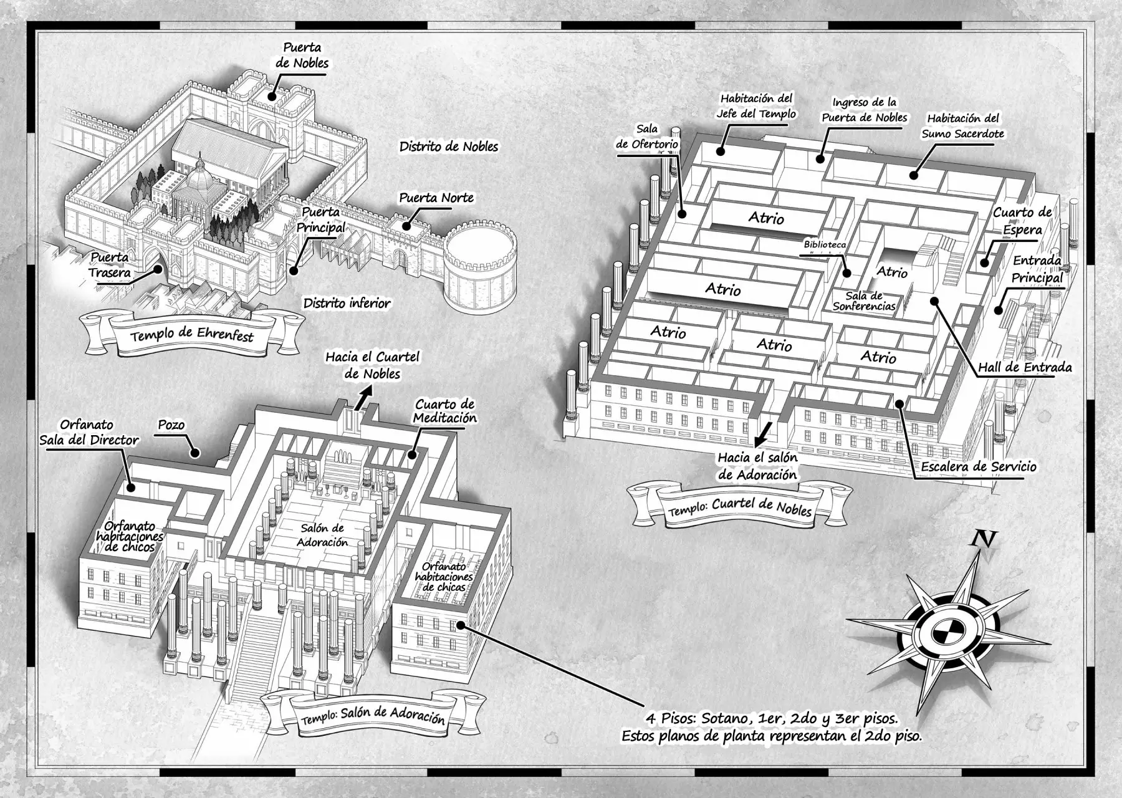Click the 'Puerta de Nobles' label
pos(302,55)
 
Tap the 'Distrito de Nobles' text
pos(449,147)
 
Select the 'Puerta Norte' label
pos(436,198)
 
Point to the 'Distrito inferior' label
pos(347,304)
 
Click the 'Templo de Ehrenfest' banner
pos(192,335)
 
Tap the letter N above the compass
pos(983,538)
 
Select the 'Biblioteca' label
pos(825,245)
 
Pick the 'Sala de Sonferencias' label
pos(864,301)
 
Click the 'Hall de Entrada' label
pos(1024,367)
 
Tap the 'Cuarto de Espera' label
pos(1022,221)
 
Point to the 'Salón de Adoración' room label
pos(322,536)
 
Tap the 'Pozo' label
pos(171,425)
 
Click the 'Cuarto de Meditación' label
pos(445,411)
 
